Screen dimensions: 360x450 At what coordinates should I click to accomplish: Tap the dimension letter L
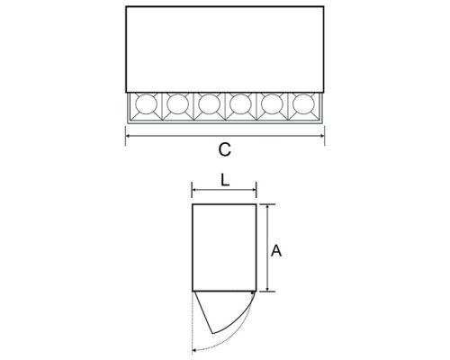224,180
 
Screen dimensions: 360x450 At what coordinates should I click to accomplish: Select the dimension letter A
278,252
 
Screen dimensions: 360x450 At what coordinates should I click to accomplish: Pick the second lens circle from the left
175,105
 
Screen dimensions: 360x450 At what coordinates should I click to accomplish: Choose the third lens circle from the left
208,105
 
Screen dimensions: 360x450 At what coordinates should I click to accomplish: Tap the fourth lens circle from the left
240,105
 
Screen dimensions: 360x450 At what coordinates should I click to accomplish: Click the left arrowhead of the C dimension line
127,137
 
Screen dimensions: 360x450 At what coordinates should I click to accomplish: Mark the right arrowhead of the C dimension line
322,137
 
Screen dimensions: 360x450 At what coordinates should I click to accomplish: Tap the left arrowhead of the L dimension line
194,191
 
